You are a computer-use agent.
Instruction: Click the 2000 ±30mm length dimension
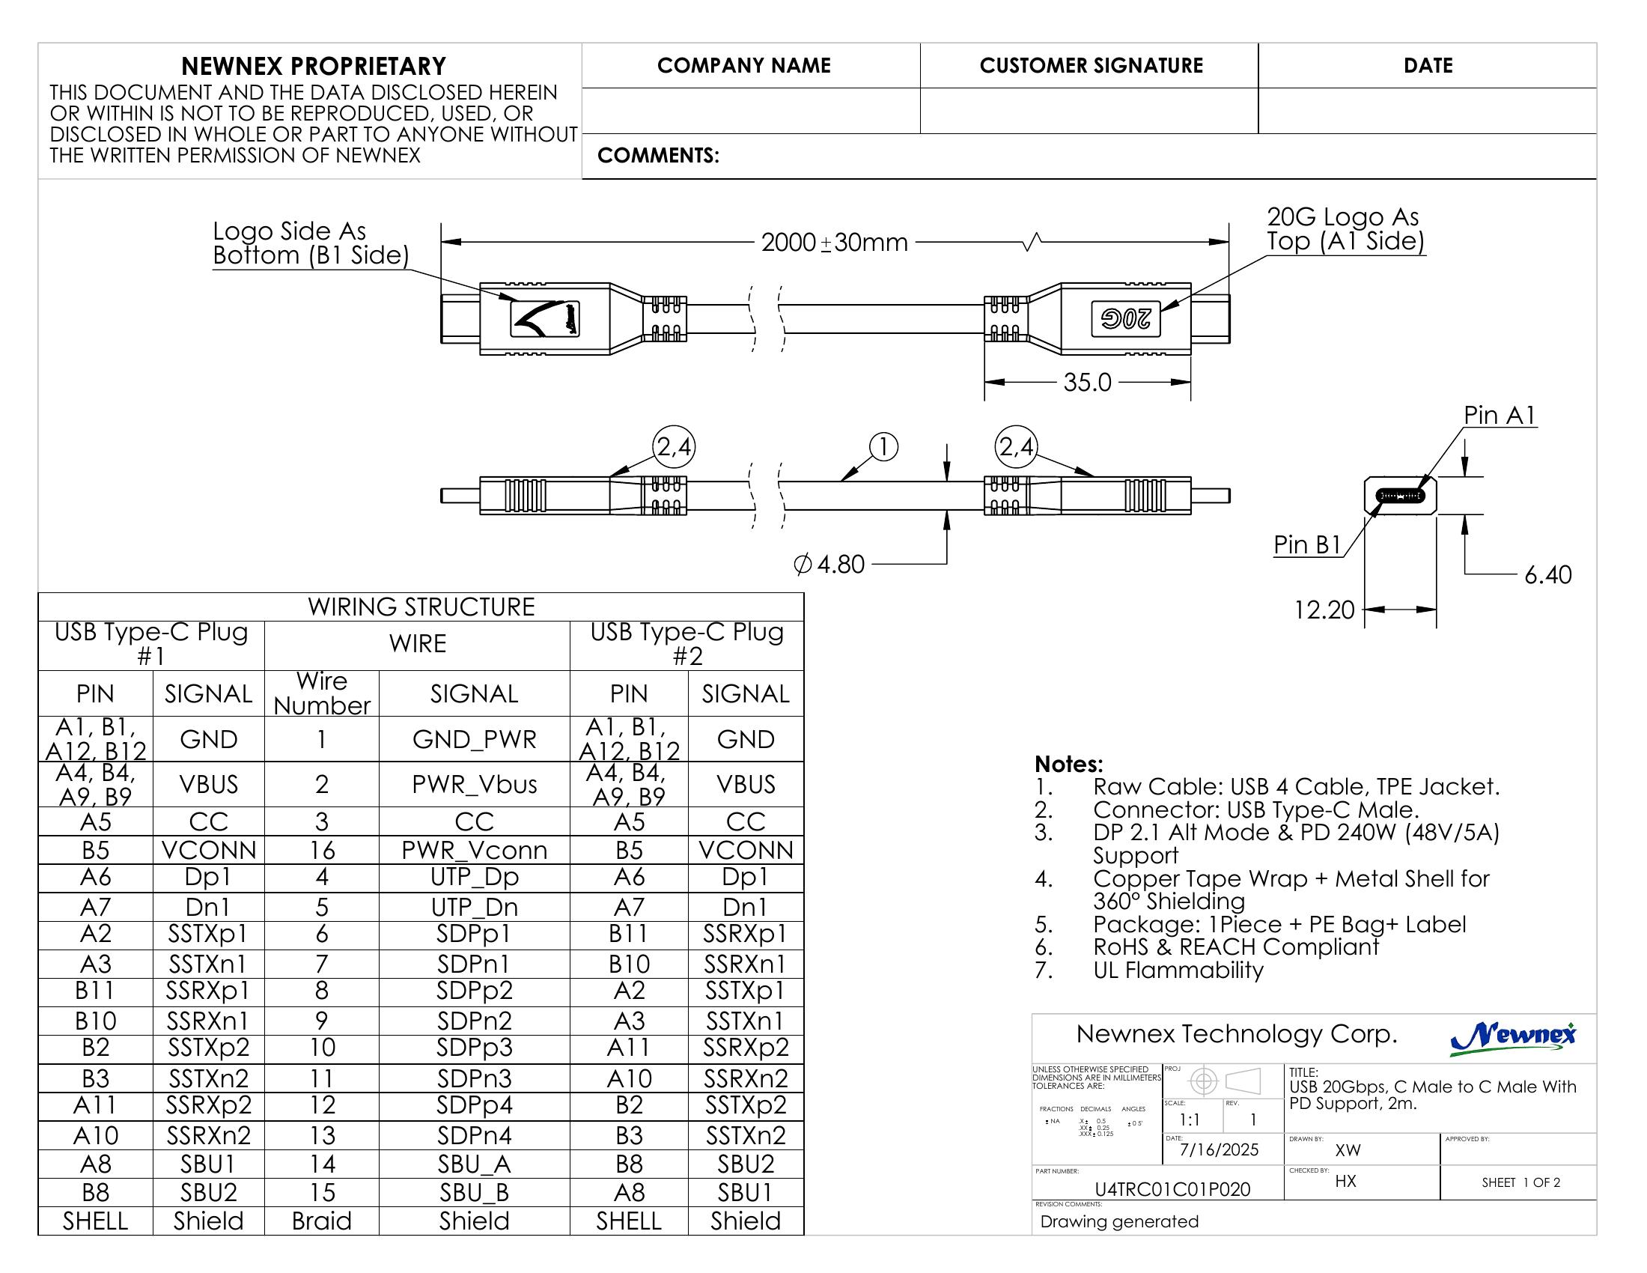(x=834, y=243)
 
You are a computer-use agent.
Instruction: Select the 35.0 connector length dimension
(x=1087, y=383)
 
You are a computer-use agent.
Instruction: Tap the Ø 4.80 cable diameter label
(x=829, y=564)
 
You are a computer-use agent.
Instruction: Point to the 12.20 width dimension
(x=1324, y=610)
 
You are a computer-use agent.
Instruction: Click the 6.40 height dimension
(x=1547, y=574)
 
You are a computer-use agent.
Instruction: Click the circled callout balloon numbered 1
(x=883, y=446)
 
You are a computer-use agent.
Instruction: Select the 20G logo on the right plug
(x=1125, y=319)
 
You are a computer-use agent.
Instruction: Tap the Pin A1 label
(x=1500, y=416)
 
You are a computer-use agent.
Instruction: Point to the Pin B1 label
(x=1308, y=544)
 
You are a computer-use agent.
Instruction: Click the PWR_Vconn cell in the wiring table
(x=474, y=850)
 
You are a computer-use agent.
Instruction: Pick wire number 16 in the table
(x=322, y=850)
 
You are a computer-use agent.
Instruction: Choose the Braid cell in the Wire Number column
(x=322, y=1221)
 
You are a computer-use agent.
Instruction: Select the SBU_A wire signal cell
(x=474, y=1164)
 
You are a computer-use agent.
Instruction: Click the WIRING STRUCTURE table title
(x=421, y=607)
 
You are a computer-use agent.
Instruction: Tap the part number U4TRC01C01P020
(x=1172, y=1189)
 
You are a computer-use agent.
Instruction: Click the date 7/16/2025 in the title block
(x=1219, y=1149)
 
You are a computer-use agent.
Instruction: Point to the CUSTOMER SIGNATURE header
(x=1091, y=66)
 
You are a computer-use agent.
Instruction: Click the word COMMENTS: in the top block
(x=657, y=155)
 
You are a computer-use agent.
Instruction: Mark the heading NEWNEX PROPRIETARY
(x=314, y=67)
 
